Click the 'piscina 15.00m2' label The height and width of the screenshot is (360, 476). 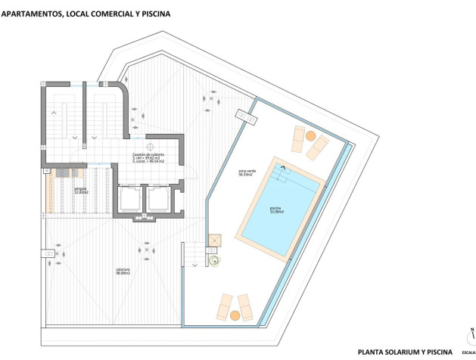point(276,210)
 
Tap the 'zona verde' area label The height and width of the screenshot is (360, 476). point(246,173)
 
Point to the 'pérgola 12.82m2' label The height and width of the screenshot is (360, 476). point(81,191)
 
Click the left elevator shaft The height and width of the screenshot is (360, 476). point(129,200)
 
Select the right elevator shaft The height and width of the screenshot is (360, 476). point(158,200)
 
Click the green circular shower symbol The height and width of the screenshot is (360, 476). point(214,261)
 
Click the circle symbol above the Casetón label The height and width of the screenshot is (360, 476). point(150,146)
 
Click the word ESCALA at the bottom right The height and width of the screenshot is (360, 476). point(466,352)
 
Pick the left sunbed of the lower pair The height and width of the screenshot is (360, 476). point(224,305)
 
